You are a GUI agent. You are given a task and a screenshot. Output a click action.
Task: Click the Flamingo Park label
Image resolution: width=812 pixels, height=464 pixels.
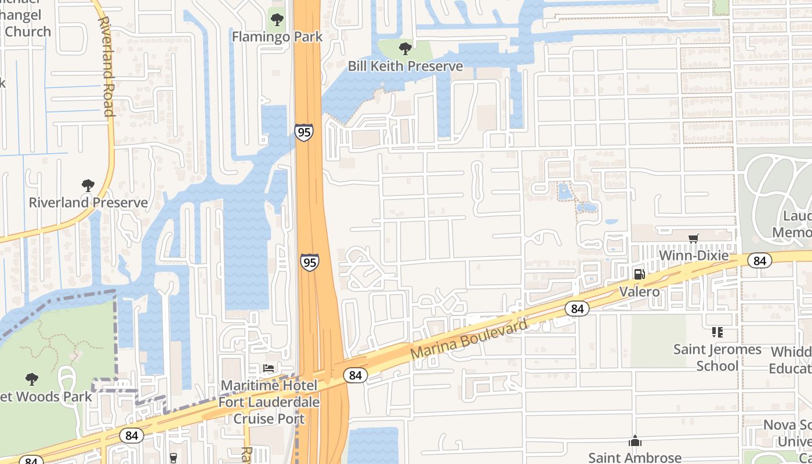coord(277,37)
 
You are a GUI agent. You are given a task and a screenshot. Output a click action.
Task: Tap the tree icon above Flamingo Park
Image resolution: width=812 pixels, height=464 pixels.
coord(277,20)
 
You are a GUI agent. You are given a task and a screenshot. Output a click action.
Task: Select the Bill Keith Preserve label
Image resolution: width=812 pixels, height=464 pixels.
coord(405,66)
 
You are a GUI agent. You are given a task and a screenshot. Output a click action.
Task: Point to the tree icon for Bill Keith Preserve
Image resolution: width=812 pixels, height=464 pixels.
coord(405,48)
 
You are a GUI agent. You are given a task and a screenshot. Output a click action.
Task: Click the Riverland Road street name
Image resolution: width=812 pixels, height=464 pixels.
coord(106,66)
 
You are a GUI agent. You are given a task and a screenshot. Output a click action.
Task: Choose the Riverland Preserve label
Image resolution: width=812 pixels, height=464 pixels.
coord(88,203)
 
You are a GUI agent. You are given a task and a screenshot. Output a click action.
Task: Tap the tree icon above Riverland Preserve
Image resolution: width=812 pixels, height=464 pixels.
coord(88,186)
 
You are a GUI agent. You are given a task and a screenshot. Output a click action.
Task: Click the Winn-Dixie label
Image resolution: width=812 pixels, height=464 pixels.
coord(694,255)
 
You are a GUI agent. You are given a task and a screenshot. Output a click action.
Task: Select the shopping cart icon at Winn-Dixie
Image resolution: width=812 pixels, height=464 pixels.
coord(693,238)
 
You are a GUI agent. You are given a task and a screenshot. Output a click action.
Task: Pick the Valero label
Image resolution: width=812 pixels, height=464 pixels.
coord(639,291)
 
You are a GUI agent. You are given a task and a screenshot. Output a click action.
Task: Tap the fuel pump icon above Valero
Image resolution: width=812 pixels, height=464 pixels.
coord(639,274)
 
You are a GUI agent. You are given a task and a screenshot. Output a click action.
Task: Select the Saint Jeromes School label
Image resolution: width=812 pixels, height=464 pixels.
coord(717,357)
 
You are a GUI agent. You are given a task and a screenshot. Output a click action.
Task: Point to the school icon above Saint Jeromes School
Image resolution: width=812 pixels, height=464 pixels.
coord(717,332)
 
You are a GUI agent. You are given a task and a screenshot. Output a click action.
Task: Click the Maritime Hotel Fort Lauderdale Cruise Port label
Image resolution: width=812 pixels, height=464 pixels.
coord(269,402)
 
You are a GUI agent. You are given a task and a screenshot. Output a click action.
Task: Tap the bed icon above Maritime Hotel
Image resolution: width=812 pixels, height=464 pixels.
coord(269,368)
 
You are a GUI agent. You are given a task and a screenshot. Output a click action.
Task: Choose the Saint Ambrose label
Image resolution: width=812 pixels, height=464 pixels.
coord(635,458)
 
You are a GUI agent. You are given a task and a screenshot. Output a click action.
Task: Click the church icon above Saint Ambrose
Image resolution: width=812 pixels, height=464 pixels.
coord(635,441)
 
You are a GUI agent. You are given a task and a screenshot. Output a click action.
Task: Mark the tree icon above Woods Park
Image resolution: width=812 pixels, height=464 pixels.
coord(32,379)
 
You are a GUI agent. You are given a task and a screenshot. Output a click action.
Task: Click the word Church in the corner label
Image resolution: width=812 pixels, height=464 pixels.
coord(27,31)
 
